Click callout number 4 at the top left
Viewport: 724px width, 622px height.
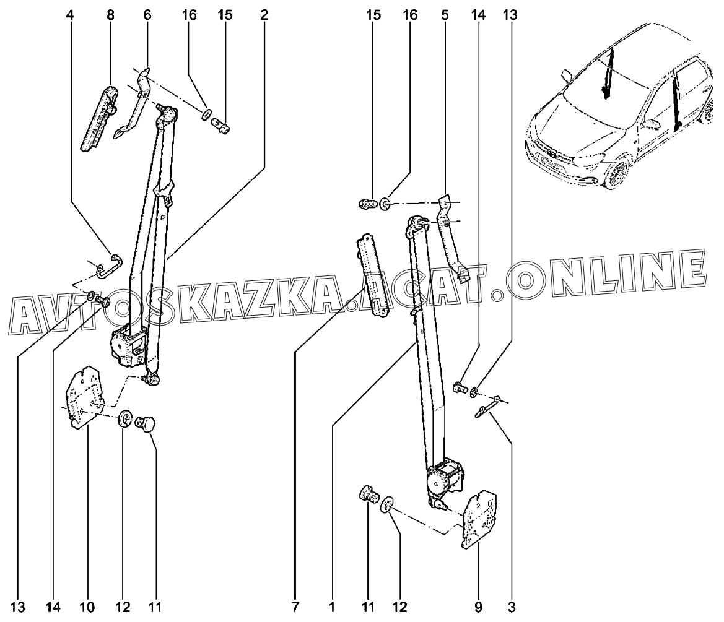pyautogui.click(x=69, y=15)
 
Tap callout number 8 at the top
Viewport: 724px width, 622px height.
pyautogui.click(x=110, y=15)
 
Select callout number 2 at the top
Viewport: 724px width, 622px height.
pyautogui.click(x=264, y=15)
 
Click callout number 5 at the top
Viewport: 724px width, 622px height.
pyautogui.click(x=445, y=15)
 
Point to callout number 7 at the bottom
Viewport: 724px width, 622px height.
pyautogui.click(x=295, y=607)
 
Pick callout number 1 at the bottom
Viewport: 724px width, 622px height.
pyautogui.click(x=331, y=607)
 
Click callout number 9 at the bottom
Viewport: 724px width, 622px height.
pyautogui.click(x=478, y=607)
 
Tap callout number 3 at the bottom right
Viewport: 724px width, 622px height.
pyautogui.click(x=511, y=607)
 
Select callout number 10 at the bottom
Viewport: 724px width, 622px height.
pyautogui.click(x=87, y=607)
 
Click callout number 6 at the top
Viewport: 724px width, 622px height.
pyautogui.click(x=147, y=15)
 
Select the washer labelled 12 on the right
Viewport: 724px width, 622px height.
pyautogui.click(x=387, y=505)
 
